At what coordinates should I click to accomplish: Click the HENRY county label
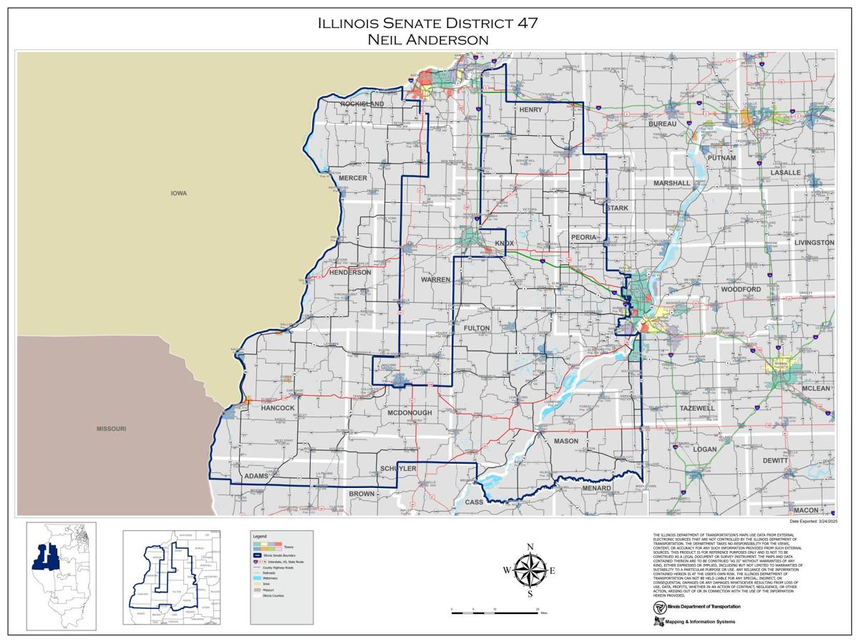(530, 109)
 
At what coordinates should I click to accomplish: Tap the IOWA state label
(179, 193)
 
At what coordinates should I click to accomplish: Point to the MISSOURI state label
(112, 429)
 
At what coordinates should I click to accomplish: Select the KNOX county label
(504, 243)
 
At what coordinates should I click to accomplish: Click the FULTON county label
(477, 328)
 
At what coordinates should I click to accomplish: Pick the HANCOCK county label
(278, 408)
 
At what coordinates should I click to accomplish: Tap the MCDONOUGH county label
(409, 413)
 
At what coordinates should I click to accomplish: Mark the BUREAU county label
(662, 124)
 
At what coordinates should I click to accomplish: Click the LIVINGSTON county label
(814, 243)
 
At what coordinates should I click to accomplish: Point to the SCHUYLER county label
(398, 468)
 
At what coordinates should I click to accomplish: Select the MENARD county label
(596, 489)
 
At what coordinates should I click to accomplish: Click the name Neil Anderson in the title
(428, 40)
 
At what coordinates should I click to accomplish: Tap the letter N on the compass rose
(530, 547)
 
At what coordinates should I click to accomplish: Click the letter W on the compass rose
(507, 570)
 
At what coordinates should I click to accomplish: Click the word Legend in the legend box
(259, 536)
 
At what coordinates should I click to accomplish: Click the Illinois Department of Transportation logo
(660, 607)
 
